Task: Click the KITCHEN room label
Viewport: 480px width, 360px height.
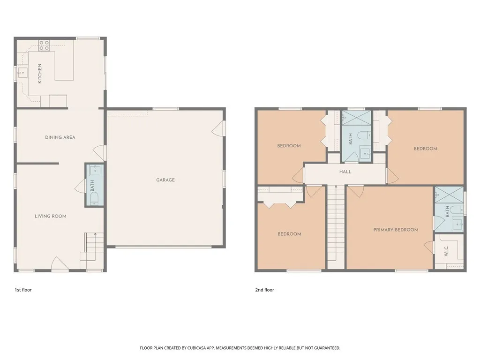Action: pyautogui.click(x=40, y=74)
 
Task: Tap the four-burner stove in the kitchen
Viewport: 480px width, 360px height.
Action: pyautogui.click(x=44, y=45)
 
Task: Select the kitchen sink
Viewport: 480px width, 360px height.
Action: pyautogui.click(x=22, y=72)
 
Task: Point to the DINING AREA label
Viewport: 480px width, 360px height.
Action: pyautogui.click(x=60, y=137)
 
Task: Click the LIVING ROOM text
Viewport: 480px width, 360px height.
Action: pyautogui.click(x=51, y=216)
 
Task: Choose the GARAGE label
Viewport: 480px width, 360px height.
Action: pyautogui.click(x=165, y=180)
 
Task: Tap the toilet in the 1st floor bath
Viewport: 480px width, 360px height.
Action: pyautogui.click(x=94, y=199)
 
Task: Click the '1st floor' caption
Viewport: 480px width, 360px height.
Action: pyautogui.click(x=23, y=290)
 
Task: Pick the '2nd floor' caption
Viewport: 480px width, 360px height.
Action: pyautogui.click(x=264, y=290)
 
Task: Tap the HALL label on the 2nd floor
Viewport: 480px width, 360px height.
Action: pyautogui.click(x=345, y=172)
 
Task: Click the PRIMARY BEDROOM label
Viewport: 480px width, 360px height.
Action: pyautogui.click(x=396, y=230)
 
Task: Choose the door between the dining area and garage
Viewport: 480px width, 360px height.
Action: pyautogui.click(x=99, y=152)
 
